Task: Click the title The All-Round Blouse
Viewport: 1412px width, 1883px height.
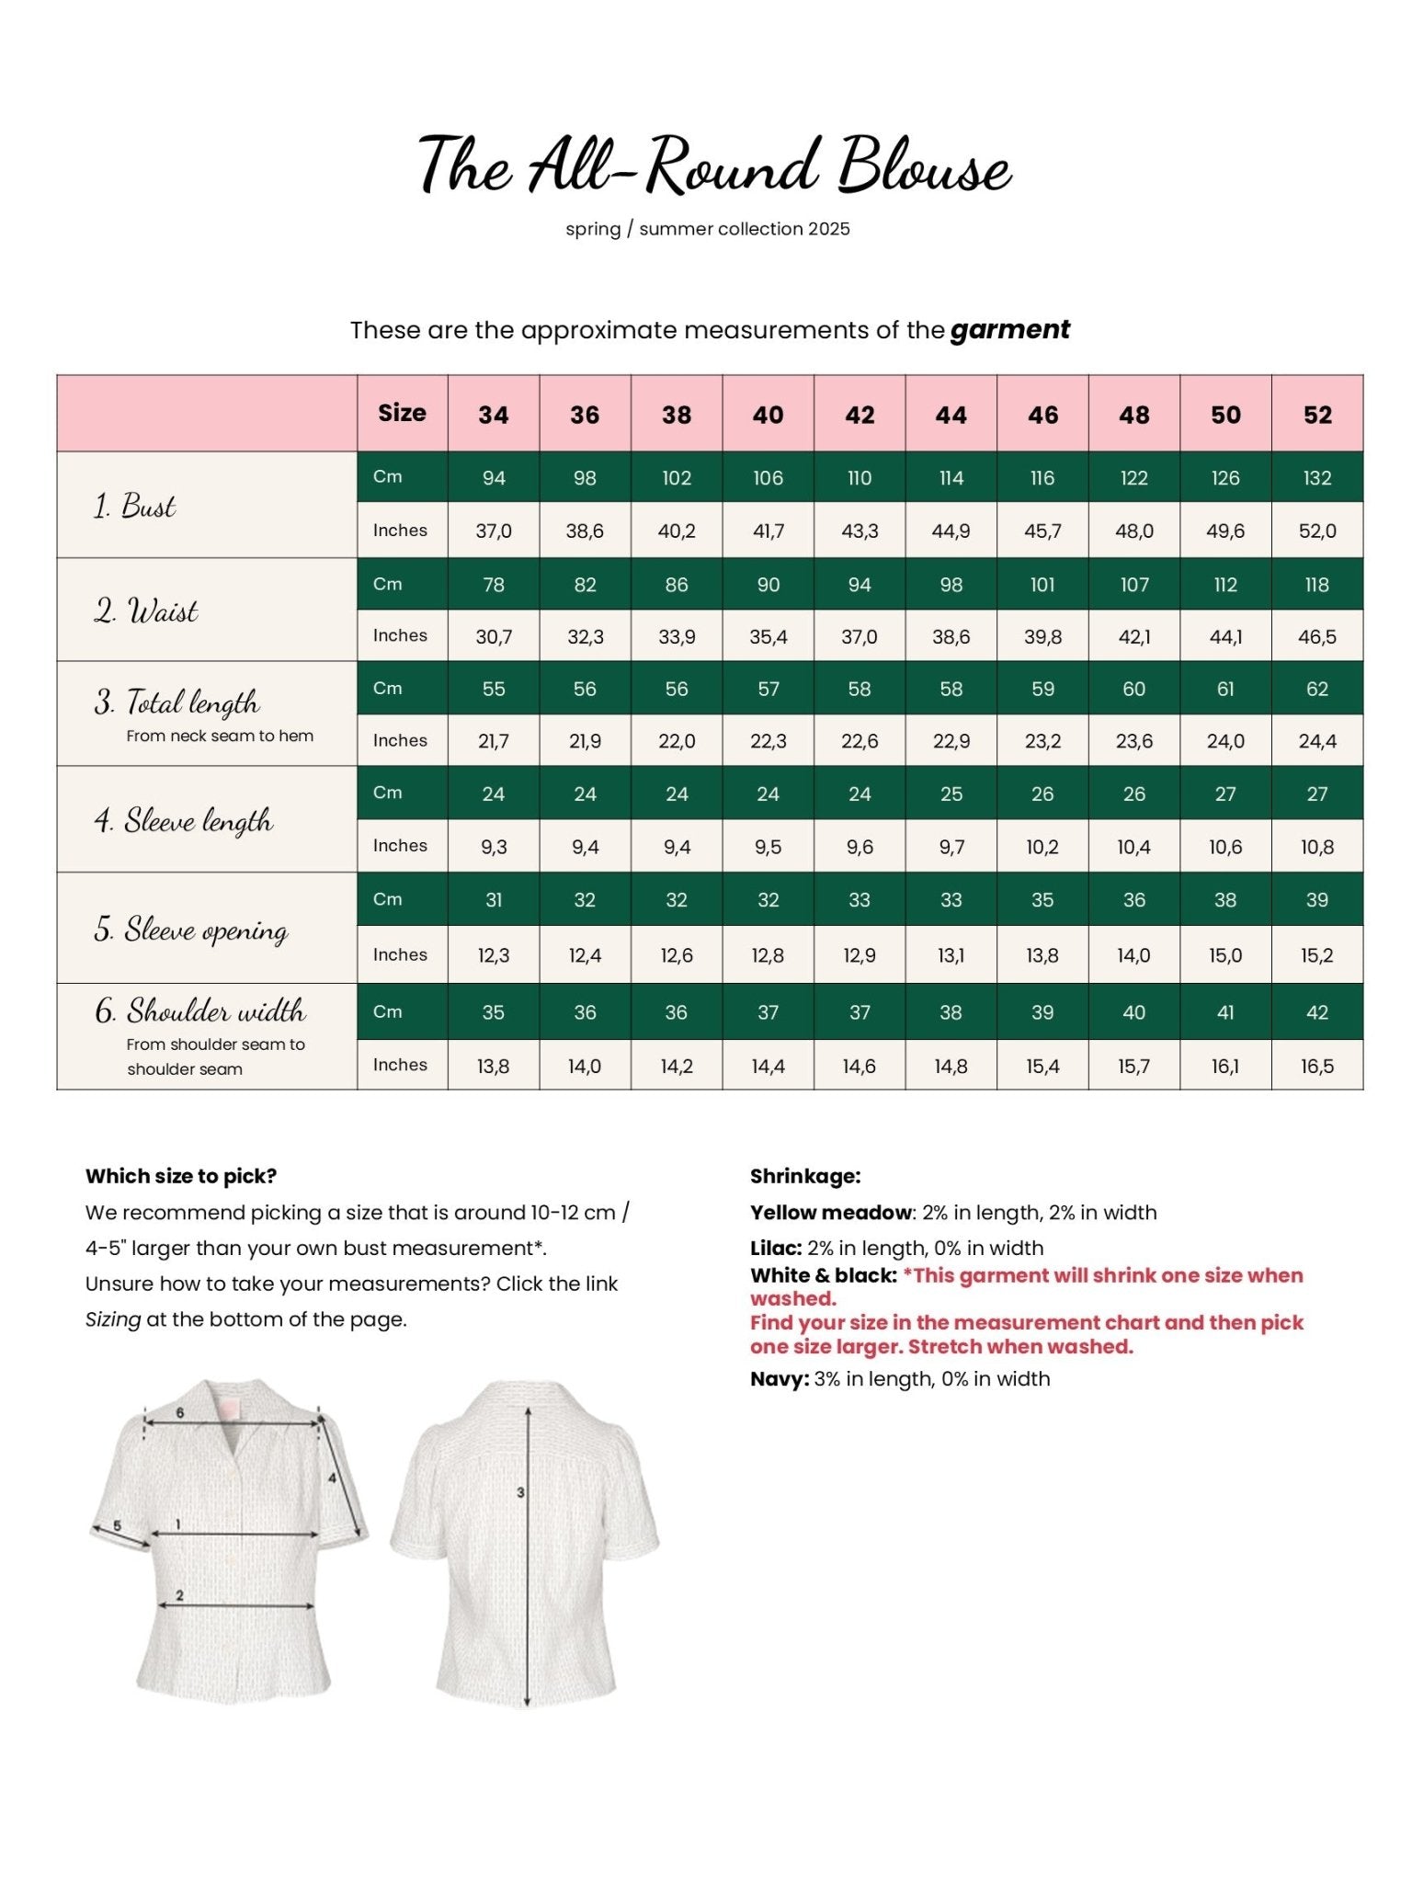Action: [x=714, y=165]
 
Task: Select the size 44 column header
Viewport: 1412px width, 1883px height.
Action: [x=951, y=415]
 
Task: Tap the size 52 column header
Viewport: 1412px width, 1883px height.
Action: [x=1316, y=415]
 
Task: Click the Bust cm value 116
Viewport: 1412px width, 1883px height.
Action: [x=1042, y=478]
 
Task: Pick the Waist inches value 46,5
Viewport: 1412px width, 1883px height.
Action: [x=1316, y=636]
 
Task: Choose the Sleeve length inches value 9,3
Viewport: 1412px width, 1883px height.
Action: [x=493, y=847]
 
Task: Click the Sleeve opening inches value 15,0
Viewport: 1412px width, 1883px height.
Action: [x=1224, y=955]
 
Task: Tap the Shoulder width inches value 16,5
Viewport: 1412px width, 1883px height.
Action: [x=1316, y=1067]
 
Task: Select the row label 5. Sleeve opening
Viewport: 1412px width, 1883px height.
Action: [x=191, y=929]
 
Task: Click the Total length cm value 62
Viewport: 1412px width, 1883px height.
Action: [x=1316, y=689]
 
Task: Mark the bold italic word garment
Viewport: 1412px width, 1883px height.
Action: [x=1009, y=329]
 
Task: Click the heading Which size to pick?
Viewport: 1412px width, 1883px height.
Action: [x=181, y=1176]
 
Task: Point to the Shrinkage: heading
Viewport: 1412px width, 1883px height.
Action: [x=805, y=1176]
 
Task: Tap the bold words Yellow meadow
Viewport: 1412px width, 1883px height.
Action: [x=830, y=1212]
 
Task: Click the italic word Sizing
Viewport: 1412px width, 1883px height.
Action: [x=113, y=1319]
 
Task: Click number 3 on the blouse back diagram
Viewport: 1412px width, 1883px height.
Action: [x=520, y=1492]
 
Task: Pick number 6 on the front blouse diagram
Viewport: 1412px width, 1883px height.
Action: [x=180, y=1412]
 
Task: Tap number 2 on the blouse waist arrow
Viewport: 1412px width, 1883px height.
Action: [x=179, y=1595]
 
